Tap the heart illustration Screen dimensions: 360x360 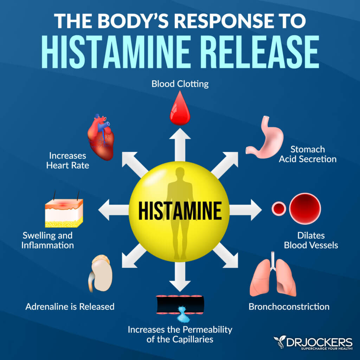(101, 137)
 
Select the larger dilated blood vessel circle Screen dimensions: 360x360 (305, 208)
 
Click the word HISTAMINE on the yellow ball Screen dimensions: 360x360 (180, 211)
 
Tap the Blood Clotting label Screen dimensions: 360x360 (180, 84)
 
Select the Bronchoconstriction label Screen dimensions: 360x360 (289, 307)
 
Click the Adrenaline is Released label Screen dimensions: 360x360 (70, 307)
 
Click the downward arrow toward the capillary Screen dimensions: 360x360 (180, 276)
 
